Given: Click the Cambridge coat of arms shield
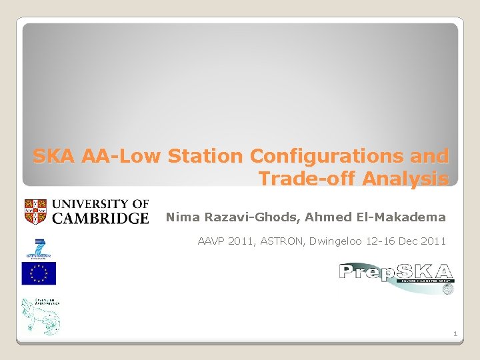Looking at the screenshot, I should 36,211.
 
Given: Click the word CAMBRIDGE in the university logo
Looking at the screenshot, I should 100,218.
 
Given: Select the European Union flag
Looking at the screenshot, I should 39,273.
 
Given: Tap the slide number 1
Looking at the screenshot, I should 455,333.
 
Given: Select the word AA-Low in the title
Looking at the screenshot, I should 123,157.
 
